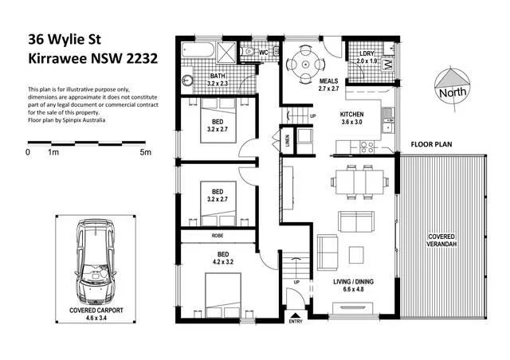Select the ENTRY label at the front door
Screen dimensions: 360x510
pyautogui.click(x=296, y=321)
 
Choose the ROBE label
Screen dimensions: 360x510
pyautogui.click(x=217, y=237)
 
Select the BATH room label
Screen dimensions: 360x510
pyautogui.click(x=196, y=78)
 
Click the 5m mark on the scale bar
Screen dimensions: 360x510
pyautogui.click(x=144, y=151)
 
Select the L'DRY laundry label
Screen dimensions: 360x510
pyautogui.click(x=366, y=56)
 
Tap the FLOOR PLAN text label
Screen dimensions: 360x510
pyautogui.click(x=432, y=145)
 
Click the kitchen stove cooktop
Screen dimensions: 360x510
pyautogui.click(x=368, y=146)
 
